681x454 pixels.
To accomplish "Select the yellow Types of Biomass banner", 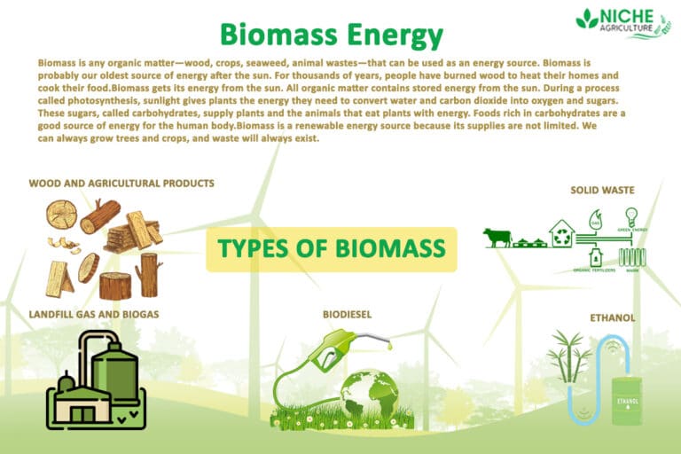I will (x=332, y=249).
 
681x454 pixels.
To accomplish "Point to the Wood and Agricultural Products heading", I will (x=121, y=184).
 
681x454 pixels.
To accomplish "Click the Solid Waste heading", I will (x=602, y=189).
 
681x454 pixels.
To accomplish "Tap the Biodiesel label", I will (x=347, y=314).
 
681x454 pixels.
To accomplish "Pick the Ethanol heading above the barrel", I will (x=613, y=317).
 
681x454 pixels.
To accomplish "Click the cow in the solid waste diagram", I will (x=497, y=238).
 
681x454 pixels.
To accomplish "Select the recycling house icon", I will (x=561, y=234).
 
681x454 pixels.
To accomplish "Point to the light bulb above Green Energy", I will (x=631, y=217).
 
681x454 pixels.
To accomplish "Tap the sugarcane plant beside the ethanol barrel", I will (x=569, y=356).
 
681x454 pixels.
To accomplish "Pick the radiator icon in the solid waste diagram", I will (x=631, y=257).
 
